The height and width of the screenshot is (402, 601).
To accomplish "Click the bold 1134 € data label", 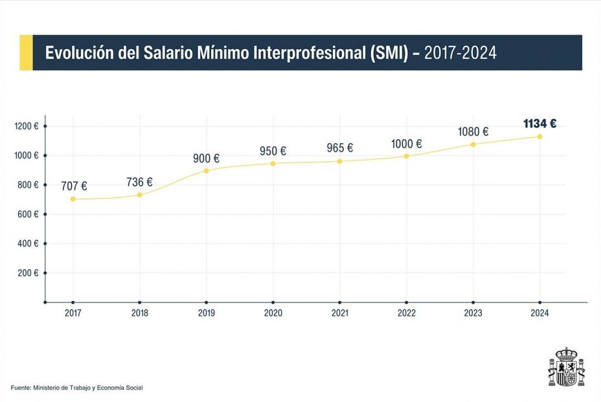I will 539,124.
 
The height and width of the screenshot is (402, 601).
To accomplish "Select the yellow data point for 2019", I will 207,171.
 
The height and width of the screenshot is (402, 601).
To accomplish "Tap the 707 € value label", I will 74,186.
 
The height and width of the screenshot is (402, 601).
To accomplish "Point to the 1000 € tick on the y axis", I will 27,155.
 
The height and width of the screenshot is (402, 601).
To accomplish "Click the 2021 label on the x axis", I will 339,313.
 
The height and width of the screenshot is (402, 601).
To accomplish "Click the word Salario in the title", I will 164,53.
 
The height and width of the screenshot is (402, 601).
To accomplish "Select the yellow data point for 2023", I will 473,144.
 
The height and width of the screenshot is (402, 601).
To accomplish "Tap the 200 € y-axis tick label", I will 27,273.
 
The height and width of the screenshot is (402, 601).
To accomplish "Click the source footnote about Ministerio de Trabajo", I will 76,388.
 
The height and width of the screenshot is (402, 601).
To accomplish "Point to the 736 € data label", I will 139,183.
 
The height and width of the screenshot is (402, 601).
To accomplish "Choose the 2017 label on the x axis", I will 73,313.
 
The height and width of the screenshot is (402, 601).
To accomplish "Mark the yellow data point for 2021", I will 339,161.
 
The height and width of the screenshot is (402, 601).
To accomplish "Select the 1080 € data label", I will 473,132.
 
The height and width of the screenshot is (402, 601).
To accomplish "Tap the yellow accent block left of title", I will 26,52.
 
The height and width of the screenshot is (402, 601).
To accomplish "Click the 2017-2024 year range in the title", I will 460,53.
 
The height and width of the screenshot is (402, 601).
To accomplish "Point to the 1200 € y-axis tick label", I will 27,126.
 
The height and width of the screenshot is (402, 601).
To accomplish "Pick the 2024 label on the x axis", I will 539,313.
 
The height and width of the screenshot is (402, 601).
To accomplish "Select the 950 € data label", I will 273,151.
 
